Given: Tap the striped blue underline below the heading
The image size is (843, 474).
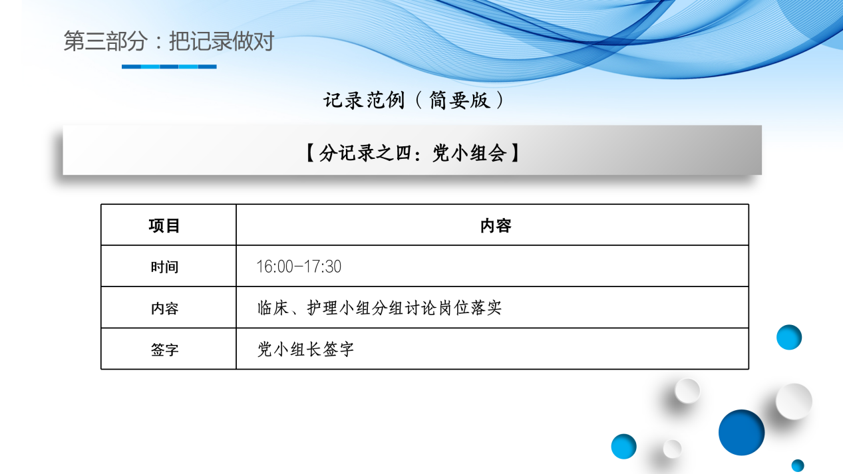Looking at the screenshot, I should (169, 66).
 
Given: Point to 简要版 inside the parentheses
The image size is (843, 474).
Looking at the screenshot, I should (459, 100).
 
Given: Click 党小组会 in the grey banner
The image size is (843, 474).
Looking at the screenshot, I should (470, 154).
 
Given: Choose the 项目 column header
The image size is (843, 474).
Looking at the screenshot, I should (164, 226).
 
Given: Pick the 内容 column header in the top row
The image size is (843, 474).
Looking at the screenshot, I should (496, 226).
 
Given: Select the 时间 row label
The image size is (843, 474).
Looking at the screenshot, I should (164, 267).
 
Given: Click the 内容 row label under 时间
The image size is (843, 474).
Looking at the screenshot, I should (164, 308).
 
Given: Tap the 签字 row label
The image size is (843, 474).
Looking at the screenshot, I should (164, 350).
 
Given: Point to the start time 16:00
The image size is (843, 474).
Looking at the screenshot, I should (274, 267).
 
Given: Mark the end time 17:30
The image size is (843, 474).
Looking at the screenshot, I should (323, 267).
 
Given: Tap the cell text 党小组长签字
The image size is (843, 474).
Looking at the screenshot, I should (305, 350).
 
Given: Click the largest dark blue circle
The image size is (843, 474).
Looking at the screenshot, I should (741, 432).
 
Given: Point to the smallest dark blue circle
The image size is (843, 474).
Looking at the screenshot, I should (798, 465).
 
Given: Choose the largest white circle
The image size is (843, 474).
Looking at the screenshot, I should (794, 402).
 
